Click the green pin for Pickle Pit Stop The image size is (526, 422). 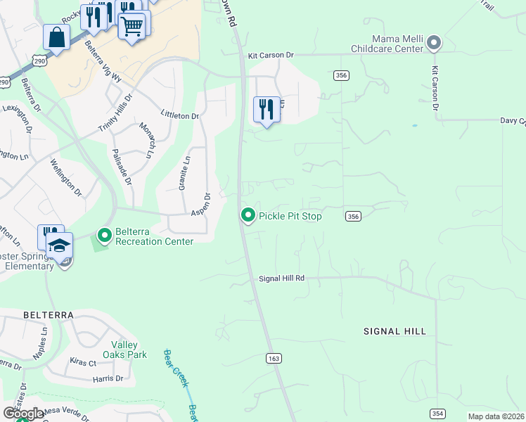[x=248, y=215]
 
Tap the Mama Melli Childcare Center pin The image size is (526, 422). [x=434, y=43]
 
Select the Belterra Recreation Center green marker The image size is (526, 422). [x=104, y=235]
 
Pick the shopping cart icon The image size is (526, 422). [x=131, y=28]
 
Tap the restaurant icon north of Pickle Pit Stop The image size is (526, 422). [x=267, y=110]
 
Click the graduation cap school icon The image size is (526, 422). [x=60, y=245]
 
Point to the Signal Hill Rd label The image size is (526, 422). [x=281, y=279]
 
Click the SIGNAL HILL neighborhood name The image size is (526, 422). [x=394, y=331]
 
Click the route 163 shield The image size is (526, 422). [x=274, y=359]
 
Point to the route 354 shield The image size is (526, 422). [x=437, y=413]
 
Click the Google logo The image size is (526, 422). [x=23, y=413]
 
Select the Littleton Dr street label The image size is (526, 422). [x=180, y=115]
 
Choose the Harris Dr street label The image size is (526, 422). [x=108, y=378]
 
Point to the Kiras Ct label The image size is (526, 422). [x=82, y=363]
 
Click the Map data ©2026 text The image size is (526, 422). [x=495, y=416]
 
